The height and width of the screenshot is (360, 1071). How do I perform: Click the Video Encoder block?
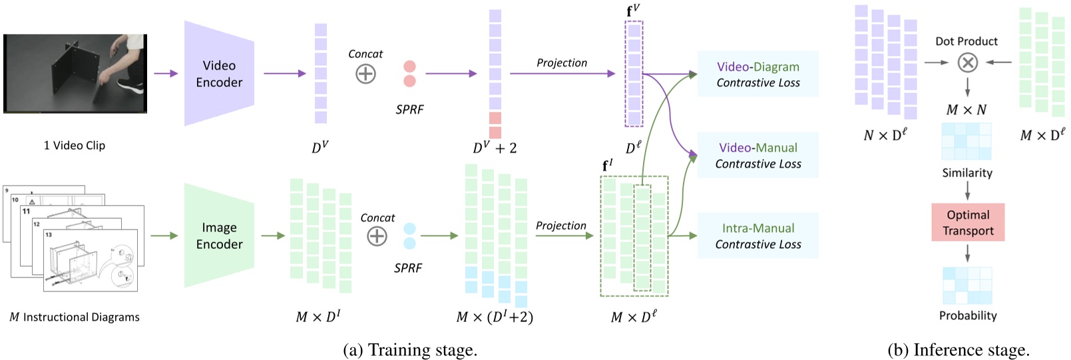(219, 73)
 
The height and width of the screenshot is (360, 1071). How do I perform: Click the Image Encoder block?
(219, 236)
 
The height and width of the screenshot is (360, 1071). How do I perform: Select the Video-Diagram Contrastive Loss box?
(757, 74)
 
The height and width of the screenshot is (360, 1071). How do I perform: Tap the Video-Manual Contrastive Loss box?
(757, 155)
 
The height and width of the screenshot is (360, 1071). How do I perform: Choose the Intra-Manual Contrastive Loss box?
(757, 236)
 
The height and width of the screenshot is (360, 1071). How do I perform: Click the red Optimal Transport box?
(968, 222)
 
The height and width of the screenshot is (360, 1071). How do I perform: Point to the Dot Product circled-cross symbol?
(967, 63)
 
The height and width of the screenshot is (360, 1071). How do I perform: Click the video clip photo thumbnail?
(75, 73)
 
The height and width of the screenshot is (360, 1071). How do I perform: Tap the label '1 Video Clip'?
(75, 145)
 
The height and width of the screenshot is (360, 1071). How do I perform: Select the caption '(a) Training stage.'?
(410, 350)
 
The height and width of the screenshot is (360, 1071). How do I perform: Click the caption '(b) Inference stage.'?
(959, 350)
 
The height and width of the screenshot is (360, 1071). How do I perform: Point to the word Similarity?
(967, 173)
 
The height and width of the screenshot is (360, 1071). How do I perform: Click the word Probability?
(968, 315)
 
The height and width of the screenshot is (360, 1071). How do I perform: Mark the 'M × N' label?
(966, 110)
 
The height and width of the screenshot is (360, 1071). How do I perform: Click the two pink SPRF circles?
(409, 73)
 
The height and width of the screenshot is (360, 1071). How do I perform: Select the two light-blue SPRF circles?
(409, 236)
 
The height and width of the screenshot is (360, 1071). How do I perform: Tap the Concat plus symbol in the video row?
(365, 73)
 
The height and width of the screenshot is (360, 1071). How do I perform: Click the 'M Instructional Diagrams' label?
(75, 317)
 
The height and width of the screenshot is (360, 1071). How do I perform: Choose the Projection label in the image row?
(561, 226)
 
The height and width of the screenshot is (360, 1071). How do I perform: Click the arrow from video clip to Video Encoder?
(166, 73)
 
